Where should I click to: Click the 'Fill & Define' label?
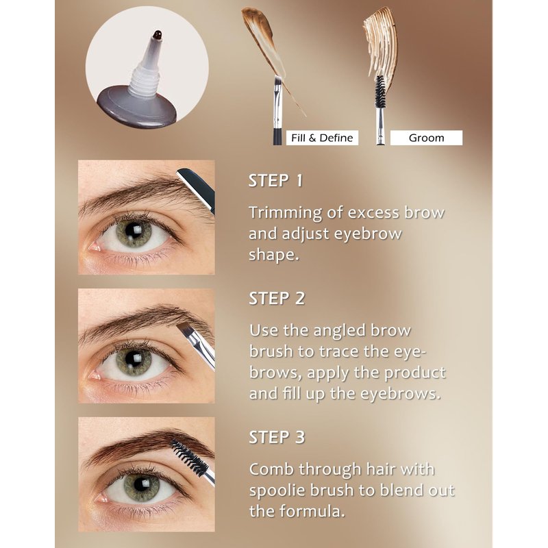[x=322, y=138]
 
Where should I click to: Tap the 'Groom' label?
[x=426, y=138]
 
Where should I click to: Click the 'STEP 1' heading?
[x=275, y=181]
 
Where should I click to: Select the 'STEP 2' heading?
[x=277, y=299]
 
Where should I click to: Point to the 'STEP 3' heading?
[x=277, y=437]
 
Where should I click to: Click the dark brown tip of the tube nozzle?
[x=158, y=35]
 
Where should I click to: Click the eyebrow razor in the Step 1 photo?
[x=197, y=189]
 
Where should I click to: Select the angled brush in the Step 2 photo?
[x=197, y=345]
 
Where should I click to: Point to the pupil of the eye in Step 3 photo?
[x=141, y=484]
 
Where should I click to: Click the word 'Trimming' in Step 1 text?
[x=285, y=213]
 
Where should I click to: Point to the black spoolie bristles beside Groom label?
[x=379, y=91]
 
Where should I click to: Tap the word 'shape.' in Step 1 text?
[x=275, y=255]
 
